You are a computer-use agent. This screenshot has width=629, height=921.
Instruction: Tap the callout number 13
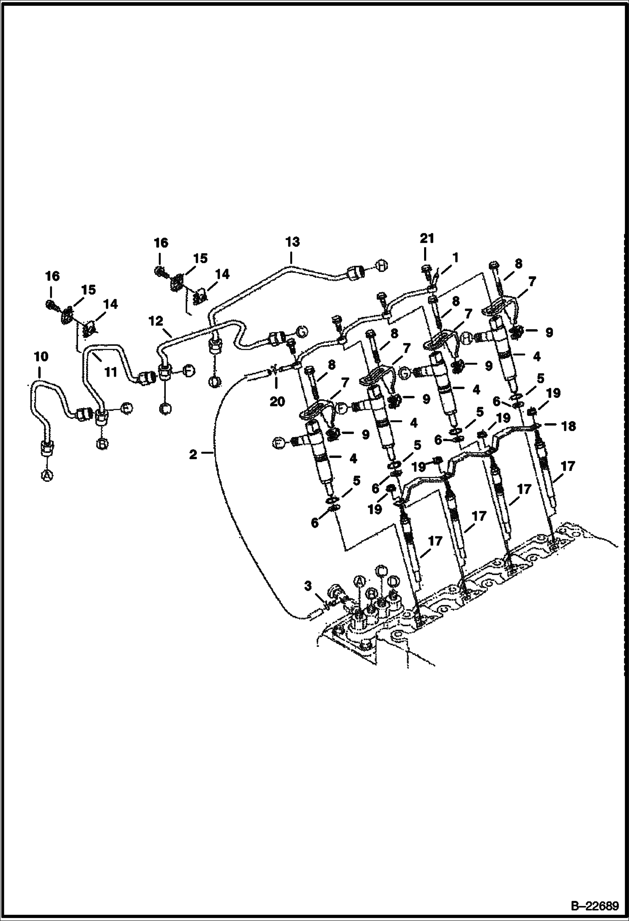click(x=293, y=242)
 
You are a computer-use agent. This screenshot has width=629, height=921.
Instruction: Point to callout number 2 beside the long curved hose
click(x=193, y=454)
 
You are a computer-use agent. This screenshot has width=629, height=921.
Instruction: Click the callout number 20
click(x=277, y=401)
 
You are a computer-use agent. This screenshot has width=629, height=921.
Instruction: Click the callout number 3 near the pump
click(x=308, y=586)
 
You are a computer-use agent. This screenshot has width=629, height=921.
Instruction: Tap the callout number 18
click(x=569, y=426)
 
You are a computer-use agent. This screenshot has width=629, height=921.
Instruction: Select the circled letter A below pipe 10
click(x=47, y=475)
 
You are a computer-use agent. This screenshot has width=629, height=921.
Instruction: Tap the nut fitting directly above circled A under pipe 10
click(x=46, y=447)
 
